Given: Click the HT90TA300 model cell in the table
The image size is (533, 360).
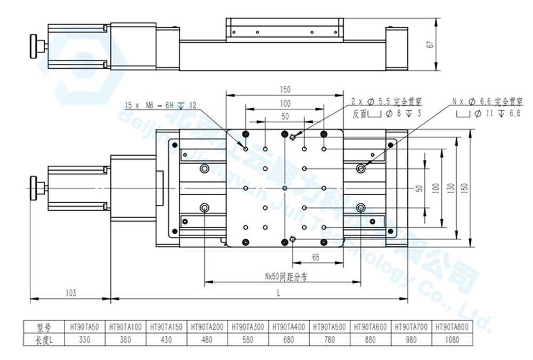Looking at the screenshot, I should (248, 327).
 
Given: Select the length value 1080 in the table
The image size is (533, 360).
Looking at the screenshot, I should (451, 339).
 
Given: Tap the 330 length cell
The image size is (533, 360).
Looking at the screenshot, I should (85, 339).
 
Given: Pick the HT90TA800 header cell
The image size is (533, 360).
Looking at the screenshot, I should (451, 327).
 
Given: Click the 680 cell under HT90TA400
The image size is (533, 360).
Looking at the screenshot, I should (289, 339).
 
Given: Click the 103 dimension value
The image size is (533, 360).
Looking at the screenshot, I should (70, 293).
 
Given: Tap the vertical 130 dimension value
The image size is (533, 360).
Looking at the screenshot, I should (451, 188).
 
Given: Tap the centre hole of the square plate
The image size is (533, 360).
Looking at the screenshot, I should (285, 188).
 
